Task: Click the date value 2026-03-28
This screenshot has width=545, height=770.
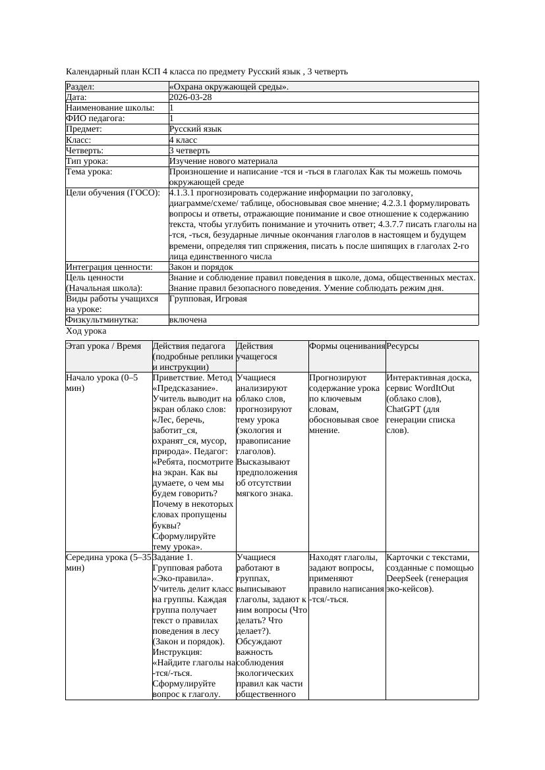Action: pyautogui.click(x=190, y=97)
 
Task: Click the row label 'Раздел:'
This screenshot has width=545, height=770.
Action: pyautogui.click(x=80, y=86)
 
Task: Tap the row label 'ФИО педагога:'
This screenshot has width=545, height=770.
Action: pyautogui.click(x=96, y=118)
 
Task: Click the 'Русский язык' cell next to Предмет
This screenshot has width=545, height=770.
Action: pyautogui.click(x=196, y=129)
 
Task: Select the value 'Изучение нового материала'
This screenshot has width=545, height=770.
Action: pyautogui.click(x=223, y=161)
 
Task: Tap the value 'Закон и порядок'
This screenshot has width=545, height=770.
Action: pyautogui.click(x=201, y=267)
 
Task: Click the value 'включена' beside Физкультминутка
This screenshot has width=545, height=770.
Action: pyautogui.click(x=188, y=320)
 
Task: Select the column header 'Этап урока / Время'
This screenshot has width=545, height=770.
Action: pyautogui.click(x=103, y=346)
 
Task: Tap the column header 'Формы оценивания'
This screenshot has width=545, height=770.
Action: pyautogui.click(x=347, y=346)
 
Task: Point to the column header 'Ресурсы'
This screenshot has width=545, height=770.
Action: pyautogui.click(x=403, y=346)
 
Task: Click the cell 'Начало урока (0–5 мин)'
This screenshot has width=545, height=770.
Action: pyautogui.click(x=102, y=383)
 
